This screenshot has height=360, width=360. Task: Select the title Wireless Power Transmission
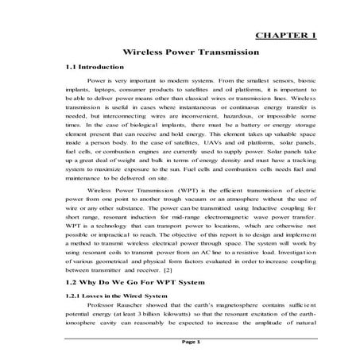click(180, 52)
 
